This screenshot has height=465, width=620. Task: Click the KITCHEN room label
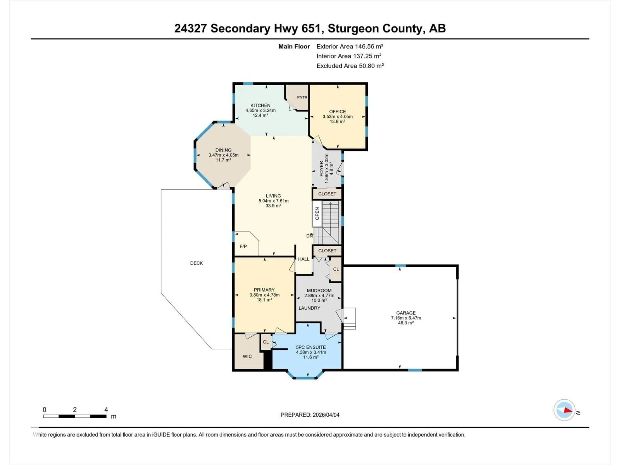(260, 105)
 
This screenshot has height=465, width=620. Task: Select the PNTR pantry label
(302, 97)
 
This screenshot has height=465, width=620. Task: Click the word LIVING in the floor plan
(273, 196)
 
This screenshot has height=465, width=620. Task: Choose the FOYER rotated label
(321, 168)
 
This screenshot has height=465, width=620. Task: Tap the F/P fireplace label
(243, 246)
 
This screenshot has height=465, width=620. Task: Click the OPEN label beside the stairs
(317, 214)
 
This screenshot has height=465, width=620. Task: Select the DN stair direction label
(309, 236)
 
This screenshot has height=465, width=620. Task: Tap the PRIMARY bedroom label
(264, 290)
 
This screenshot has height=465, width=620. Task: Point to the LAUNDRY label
(309, 308)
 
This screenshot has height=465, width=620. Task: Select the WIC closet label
(247, 356)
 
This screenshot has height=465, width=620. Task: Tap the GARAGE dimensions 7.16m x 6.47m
(406, 318)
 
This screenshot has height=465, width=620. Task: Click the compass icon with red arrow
(564, 410)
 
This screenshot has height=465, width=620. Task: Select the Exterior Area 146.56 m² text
(350, 46)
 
